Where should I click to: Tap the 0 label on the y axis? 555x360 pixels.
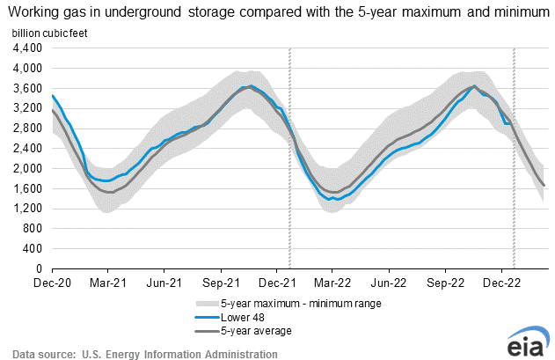pos(37,268)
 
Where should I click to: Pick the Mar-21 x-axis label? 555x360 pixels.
pos(108,283)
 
